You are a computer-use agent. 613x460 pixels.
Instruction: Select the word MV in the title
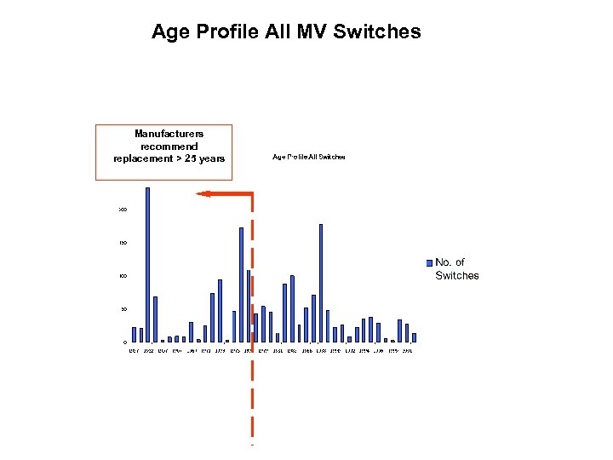(x=312, y=32)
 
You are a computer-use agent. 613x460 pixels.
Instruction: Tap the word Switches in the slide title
(x=378, y=32)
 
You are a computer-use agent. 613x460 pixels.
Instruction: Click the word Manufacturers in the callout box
(x=169, y=134)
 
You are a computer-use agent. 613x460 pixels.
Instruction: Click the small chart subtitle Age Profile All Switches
(x=308, y=157)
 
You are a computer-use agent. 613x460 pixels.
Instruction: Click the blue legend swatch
(x=430, y=262)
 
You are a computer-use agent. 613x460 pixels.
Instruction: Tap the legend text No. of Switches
(x=456, y=268)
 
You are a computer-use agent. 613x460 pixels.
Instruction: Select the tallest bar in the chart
(x=148, y=264)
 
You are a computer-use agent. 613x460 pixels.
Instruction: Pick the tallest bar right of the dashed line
(x=321, y=282)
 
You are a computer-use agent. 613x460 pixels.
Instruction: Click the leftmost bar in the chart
(x=134, y=334)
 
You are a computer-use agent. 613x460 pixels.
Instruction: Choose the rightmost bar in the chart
(x=414, y=337)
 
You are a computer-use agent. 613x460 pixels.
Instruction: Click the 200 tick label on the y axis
(x=123, y=210)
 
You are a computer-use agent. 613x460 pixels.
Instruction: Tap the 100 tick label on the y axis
(x=123, y=276)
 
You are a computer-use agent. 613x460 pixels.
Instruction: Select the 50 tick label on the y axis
(x=123, y=309)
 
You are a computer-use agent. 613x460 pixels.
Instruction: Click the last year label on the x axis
(x=407, y=350)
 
